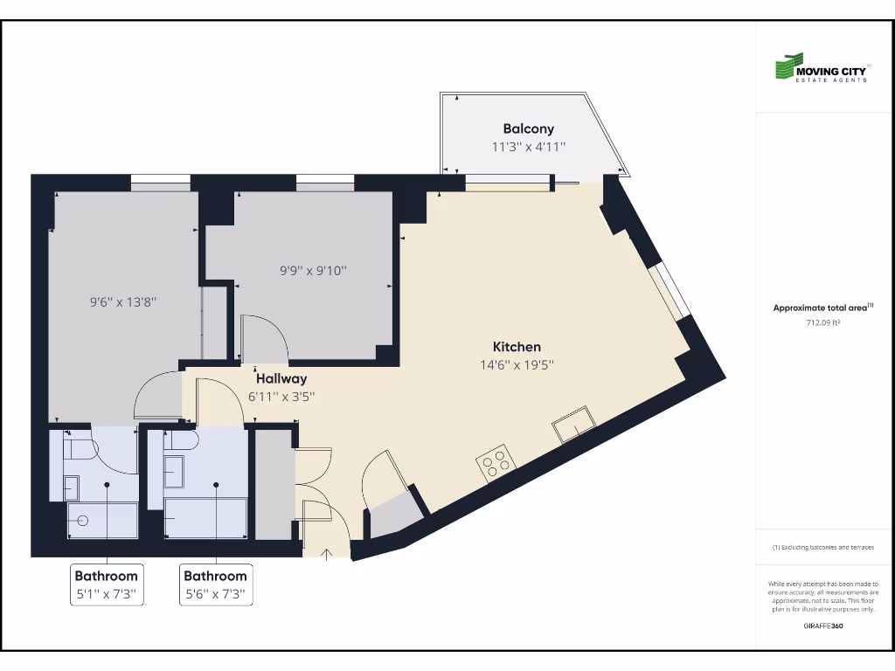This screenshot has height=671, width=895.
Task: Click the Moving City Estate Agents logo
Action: tap(822, 68)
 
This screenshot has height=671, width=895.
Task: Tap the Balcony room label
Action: tap(528, 129)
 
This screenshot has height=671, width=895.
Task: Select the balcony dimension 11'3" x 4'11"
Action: tap(528, 148)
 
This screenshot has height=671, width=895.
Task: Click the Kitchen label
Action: tap(517, 347)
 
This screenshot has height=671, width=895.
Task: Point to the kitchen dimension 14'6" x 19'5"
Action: tap(517, 365)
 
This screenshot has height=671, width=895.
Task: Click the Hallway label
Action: tap(281, 378)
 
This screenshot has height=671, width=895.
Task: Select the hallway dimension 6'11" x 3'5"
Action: tap(281, 396)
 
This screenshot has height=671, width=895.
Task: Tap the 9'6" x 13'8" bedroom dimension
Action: tap(123, 301)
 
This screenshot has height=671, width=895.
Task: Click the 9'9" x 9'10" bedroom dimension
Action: tap(313, 271)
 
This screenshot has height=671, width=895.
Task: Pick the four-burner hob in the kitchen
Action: tap(495, 462)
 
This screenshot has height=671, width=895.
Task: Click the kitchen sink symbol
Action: tap(573, 424)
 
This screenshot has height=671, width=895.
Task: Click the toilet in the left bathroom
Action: tap(81, 450)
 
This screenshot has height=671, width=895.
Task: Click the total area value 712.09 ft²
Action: tap(822, 322)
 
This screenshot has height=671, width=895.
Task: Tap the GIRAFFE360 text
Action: tap(822, 626)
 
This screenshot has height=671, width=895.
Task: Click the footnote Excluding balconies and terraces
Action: tap(822, 548)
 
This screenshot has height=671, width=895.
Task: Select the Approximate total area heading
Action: tap(822, 308)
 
